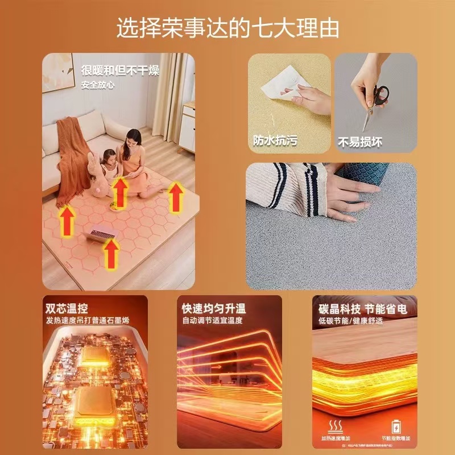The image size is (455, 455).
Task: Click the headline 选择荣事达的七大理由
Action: click(x=227, y=28)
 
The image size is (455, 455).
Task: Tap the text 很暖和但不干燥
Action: click(x=120, y=71)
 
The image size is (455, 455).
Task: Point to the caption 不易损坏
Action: click(x=360, y=140)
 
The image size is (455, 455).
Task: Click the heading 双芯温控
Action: click(x=67, y=309)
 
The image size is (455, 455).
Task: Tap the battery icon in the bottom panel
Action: click(x=395, y=427)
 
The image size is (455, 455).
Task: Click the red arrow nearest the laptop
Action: click(x=112, y=252)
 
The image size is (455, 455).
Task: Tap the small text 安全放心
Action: click(x=98, y=85)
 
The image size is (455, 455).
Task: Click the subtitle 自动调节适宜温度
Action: click(x=214, y=321)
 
